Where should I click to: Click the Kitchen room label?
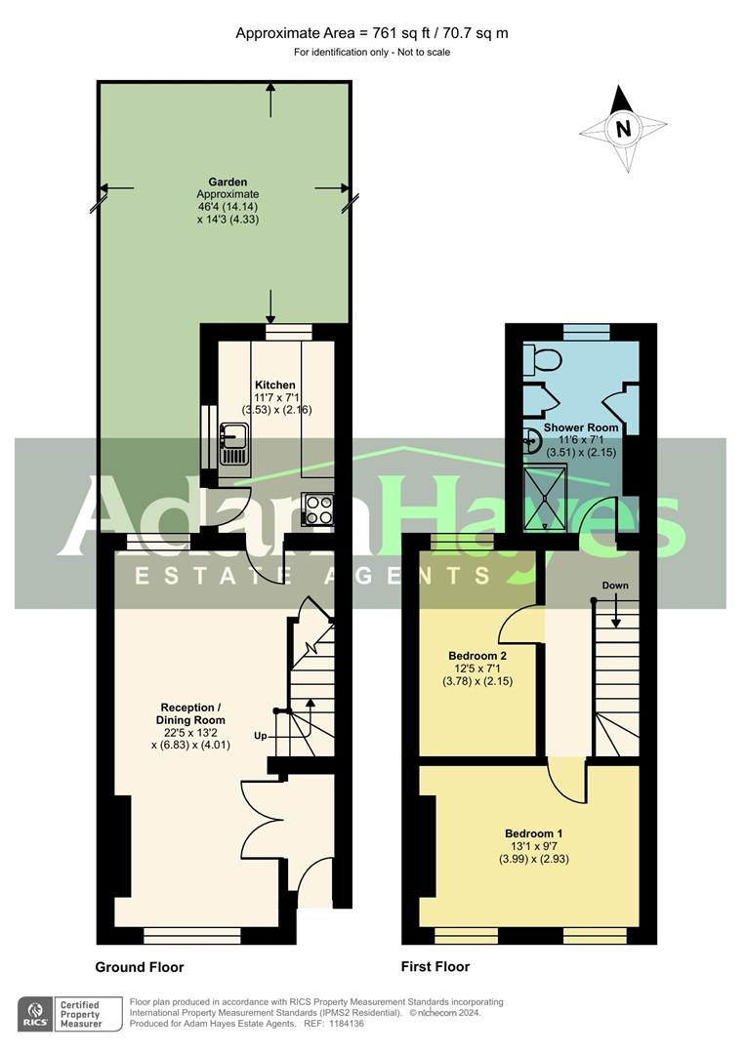pos(274,385)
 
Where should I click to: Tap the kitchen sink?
pos(234,444)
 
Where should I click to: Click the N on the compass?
pos(624,128)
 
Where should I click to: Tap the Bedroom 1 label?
pos(533,833)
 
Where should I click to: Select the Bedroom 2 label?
pos(477,656)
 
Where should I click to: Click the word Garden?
pos(228,182)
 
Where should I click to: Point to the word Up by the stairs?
pos(261,736)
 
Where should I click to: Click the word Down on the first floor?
pos(615,586)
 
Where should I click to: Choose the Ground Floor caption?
pos(140,967)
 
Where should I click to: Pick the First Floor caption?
pos(435,966)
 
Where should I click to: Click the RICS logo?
pos(35,1014)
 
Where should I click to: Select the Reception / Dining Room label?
pos(191,713)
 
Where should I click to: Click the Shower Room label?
pos(581,427)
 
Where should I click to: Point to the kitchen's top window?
pos(289,332)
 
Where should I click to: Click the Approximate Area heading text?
pos(372,33)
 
